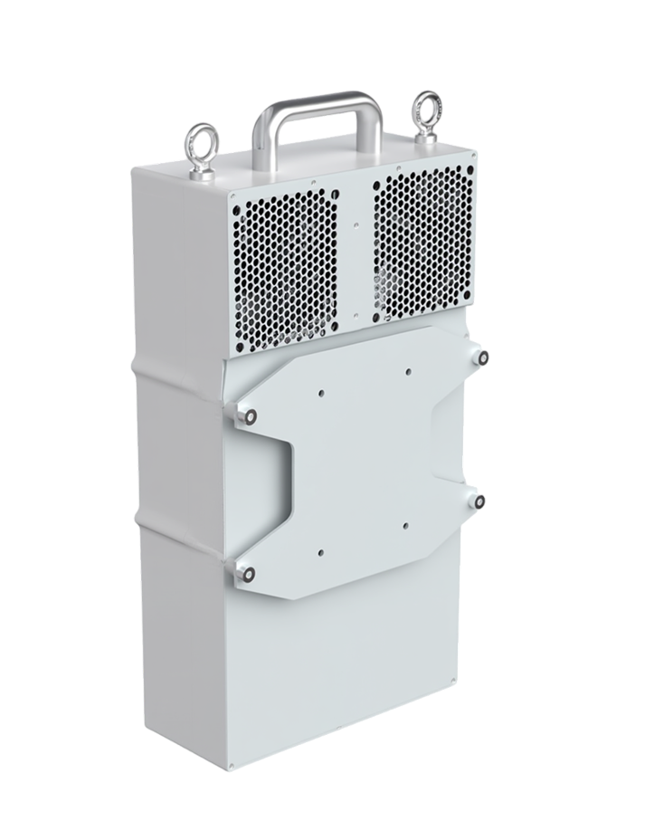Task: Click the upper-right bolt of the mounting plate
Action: [x=484, y=358]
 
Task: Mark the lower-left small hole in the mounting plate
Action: [x=321, y=549]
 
